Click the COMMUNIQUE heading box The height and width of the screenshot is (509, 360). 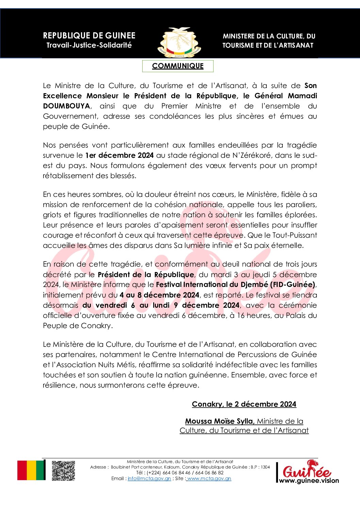point(178,66)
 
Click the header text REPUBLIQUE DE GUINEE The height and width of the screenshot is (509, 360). point(89,36)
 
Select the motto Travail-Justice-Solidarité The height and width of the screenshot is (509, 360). point(89,45)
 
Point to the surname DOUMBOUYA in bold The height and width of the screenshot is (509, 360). point(66,106)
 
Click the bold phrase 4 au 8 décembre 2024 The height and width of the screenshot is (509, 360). point(159,295)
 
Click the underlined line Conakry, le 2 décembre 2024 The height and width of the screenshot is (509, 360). point(244,404)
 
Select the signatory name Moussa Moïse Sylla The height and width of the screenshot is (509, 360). point(219,421)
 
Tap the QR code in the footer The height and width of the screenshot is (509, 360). point(63,471)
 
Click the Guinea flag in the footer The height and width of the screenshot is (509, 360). point(31,470)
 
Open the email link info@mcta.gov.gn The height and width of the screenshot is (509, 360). point(149,478)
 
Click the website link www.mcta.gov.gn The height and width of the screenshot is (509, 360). point(209,478)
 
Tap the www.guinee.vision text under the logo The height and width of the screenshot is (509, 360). point(309,480)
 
